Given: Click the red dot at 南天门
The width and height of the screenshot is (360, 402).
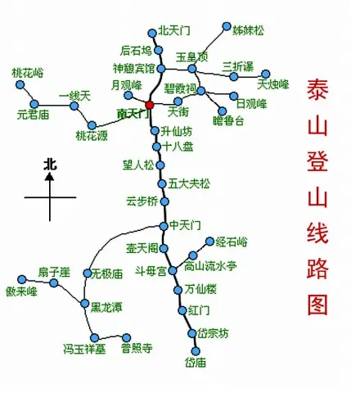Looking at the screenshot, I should [151, 104].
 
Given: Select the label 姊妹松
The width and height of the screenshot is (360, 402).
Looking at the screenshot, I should [249, 30].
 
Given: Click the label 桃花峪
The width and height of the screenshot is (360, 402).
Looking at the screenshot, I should [28, 74].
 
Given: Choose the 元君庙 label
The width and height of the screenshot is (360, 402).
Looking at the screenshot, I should [33, 115].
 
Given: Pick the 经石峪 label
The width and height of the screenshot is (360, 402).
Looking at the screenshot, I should [232, 242].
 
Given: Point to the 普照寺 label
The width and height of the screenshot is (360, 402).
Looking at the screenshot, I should [136, 348].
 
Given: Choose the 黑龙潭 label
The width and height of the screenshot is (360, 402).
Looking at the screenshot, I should [106, 307].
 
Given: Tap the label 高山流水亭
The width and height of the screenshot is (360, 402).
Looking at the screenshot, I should [209, 266].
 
